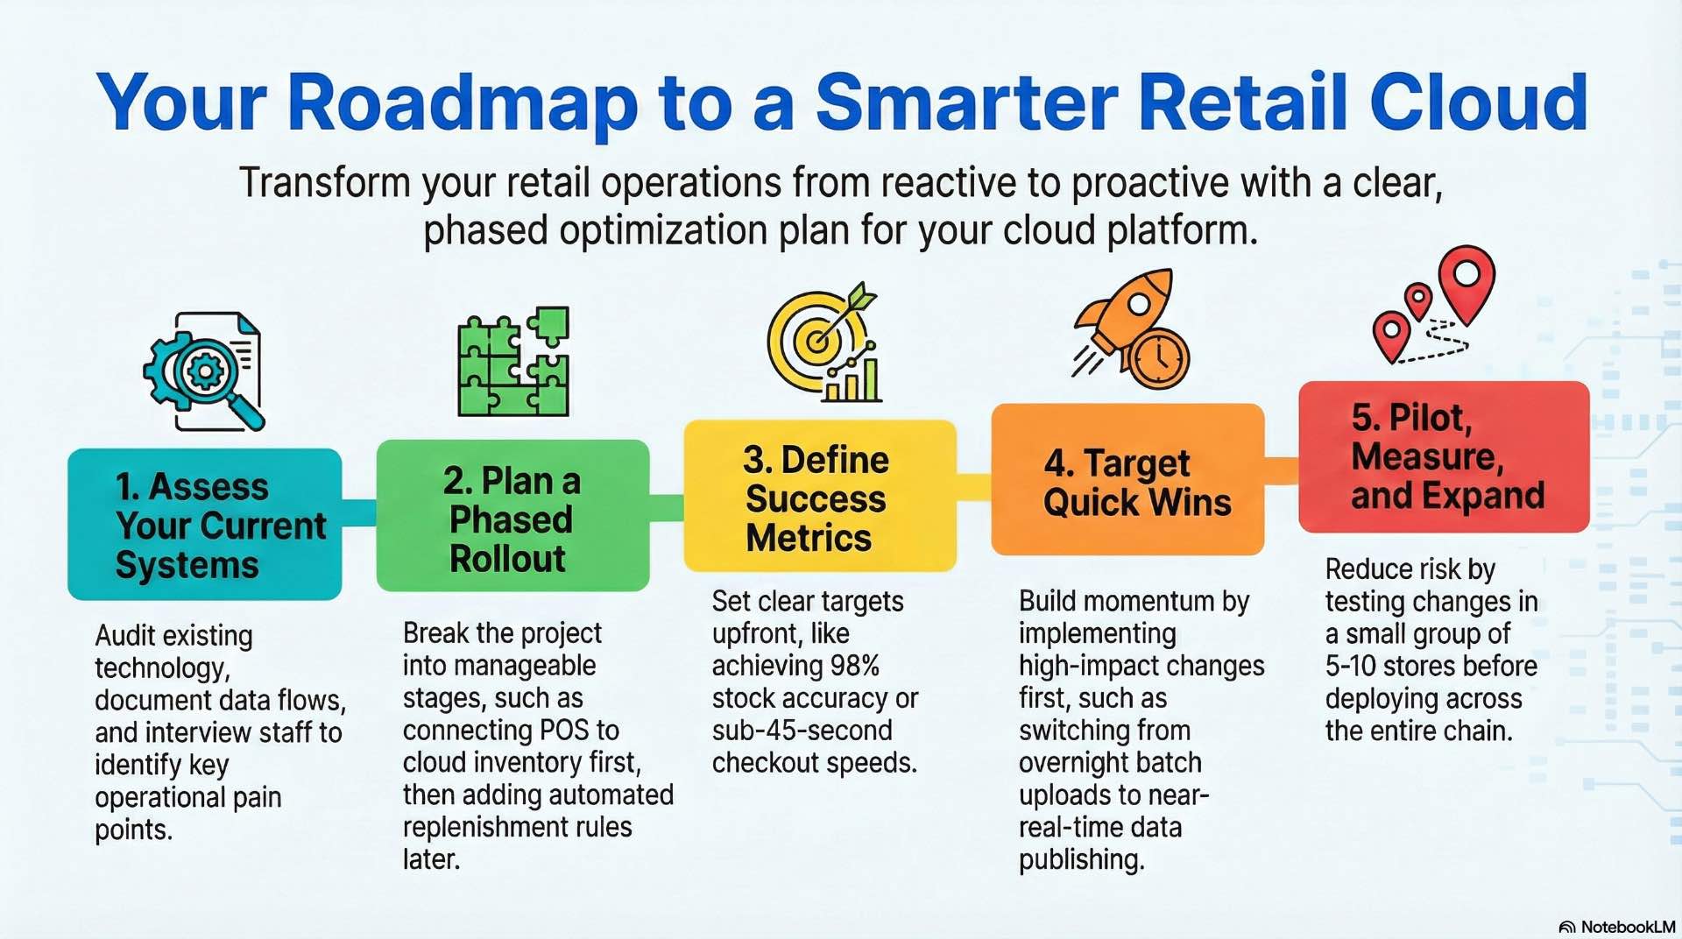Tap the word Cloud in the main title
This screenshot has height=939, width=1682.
pos(1478,103)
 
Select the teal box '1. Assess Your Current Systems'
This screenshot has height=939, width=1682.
pos(204,525)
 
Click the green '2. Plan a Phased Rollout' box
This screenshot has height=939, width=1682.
pos(512,517)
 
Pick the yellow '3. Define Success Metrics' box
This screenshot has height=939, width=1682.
pos(819,497)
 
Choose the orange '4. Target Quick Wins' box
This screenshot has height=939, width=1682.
pos(1127,480)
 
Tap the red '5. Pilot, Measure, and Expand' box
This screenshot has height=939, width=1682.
pos(1444,456)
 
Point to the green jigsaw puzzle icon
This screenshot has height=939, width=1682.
pos(513,362)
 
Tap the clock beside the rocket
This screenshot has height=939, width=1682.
pos(1158,357)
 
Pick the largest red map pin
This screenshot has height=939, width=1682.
pos(1466,279)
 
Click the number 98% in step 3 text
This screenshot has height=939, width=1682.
pos(854,666)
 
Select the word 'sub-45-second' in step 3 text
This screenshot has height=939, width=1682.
pos(802,731)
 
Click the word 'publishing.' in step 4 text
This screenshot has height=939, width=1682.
pos(1081,860)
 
